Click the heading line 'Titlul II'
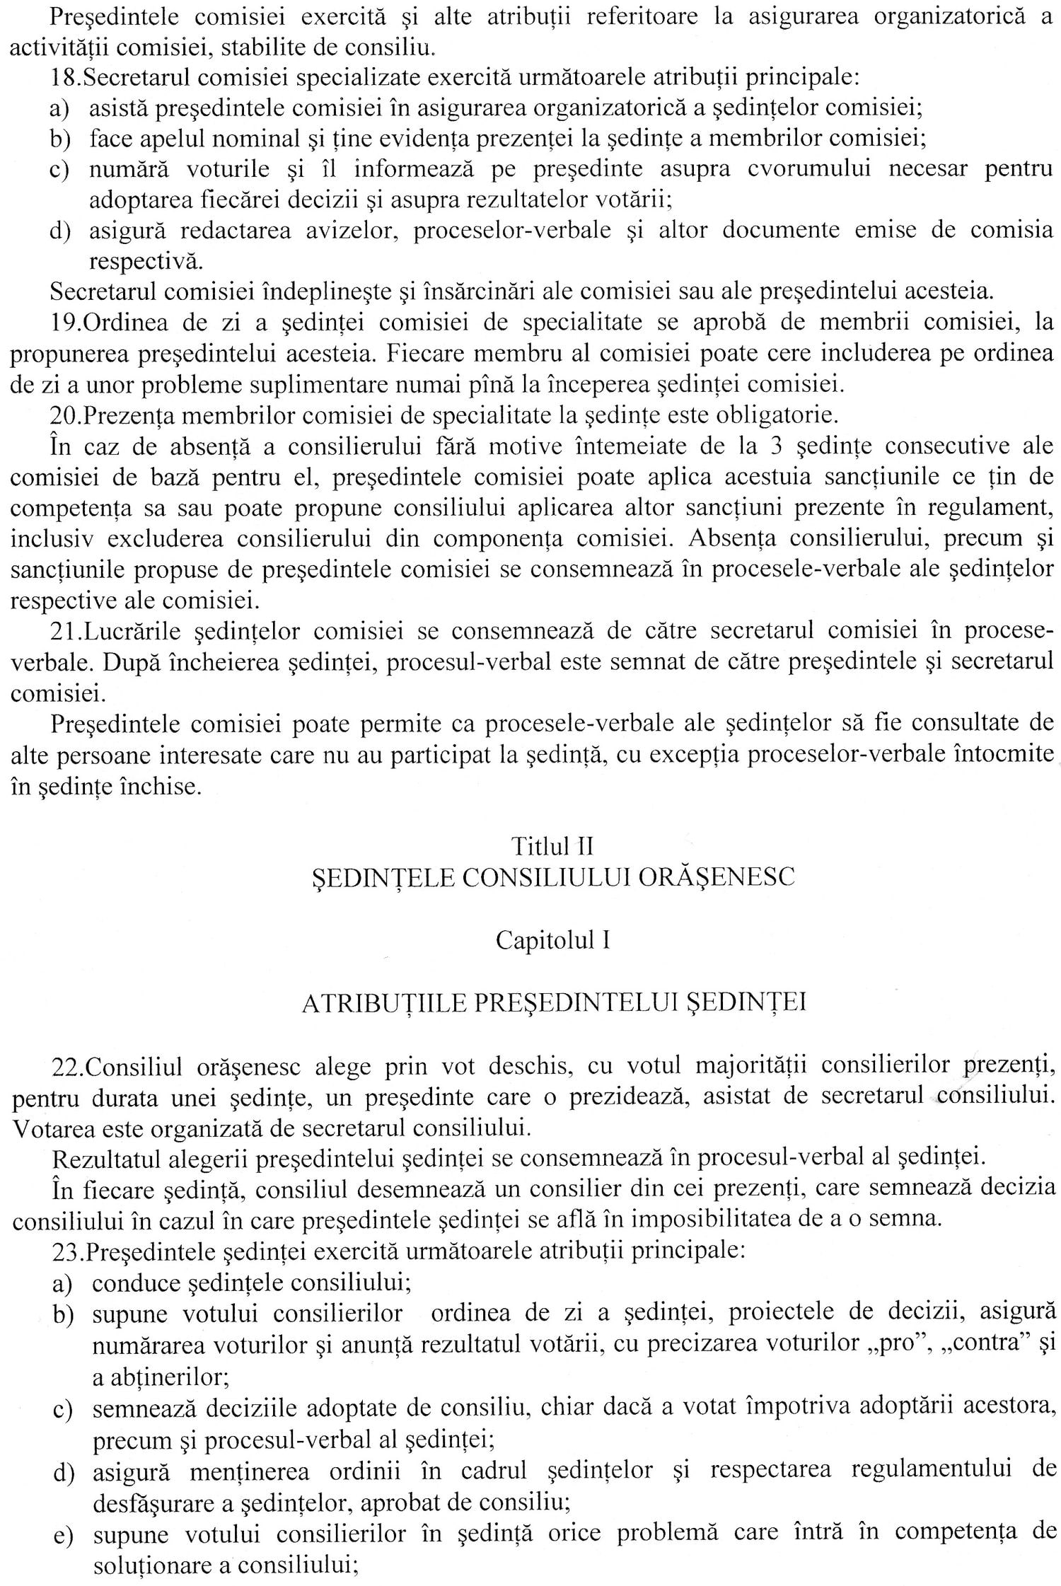552,845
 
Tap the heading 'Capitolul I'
552,940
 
